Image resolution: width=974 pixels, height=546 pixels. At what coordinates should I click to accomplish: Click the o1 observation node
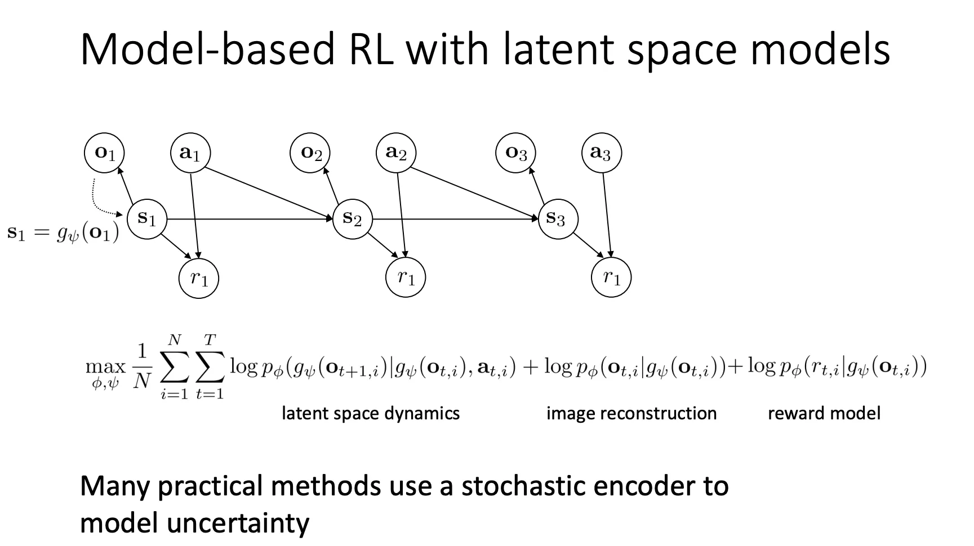104,153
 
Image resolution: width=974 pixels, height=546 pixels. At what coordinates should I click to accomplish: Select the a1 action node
190,153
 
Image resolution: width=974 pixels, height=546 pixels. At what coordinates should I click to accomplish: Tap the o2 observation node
310,153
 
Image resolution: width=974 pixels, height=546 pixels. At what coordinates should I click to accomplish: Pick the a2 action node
396,153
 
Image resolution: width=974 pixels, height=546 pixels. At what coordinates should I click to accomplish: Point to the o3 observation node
515,153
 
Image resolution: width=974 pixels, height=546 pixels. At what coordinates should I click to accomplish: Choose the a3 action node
601,153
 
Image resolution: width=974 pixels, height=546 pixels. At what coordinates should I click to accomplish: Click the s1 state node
147,218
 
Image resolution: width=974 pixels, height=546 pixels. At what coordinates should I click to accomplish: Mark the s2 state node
353,218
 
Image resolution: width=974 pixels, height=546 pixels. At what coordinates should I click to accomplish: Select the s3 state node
558,218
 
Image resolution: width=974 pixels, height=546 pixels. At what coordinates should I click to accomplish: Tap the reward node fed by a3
611,278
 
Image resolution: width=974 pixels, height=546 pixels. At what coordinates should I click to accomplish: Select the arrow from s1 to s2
248,219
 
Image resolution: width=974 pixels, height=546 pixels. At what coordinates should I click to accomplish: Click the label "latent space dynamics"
371,413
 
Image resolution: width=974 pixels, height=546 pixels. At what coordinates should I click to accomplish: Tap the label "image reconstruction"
631,413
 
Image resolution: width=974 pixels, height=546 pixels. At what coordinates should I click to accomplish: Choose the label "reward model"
824,413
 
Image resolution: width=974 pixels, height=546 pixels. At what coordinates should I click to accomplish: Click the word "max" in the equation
105,367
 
